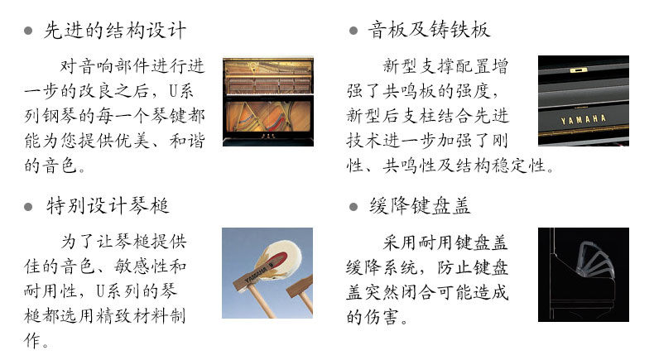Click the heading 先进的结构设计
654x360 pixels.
115,30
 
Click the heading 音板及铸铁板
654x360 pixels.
429,30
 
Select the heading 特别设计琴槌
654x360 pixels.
108,205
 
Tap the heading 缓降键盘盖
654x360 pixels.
420,205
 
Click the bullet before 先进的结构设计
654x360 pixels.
28,31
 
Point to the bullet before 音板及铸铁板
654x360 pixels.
353,31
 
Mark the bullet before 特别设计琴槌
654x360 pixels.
28,207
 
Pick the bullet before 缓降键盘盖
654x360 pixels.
353,207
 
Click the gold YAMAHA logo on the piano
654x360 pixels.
583,120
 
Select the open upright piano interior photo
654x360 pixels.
268,101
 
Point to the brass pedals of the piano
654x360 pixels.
267,137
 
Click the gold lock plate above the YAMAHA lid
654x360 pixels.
578,70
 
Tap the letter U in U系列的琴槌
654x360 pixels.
100,290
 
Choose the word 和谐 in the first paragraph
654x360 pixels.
187,141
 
